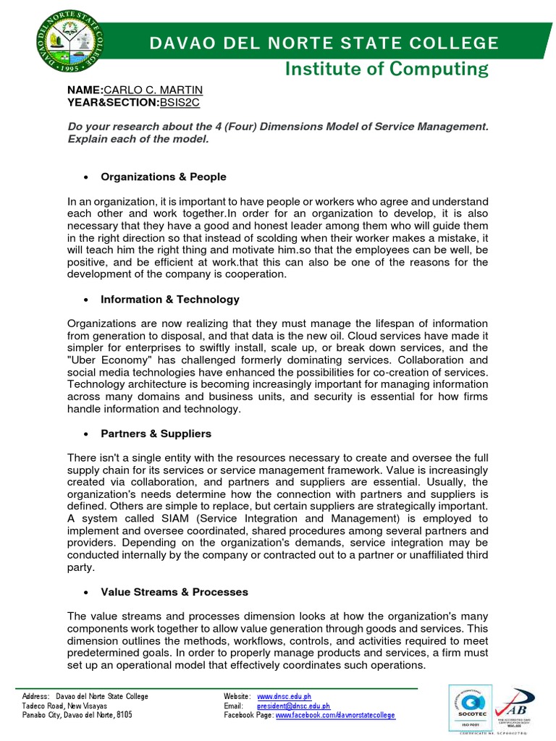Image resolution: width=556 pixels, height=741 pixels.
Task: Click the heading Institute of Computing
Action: pos(386,69)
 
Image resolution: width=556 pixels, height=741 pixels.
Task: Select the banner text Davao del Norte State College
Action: pos(324,43)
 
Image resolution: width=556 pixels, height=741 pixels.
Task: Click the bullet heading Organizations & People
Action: pos(164,177)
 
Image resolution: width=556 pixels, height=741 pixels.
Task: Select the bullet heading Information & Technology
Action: pos(170,299)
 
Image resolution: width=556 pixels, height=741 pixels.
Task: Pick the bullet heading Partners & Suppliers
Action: pos(156,433)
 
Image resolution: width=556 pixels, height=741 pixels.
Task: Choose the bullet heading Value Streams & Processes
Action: pos(174,592)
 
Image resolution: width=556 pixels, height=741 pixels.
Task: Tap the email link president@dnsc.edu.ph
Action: pos(294,706)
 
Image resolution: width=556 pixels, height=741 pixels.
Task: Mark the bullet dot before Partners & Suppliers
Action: pos(87,434)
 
